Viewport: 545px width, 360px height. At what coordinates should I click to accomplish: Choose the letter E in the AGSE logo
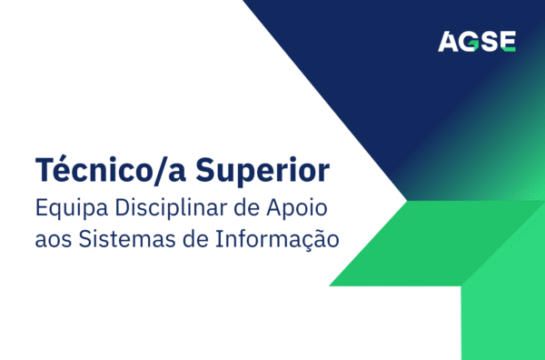pyautogui.click(x=509, y=40)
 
